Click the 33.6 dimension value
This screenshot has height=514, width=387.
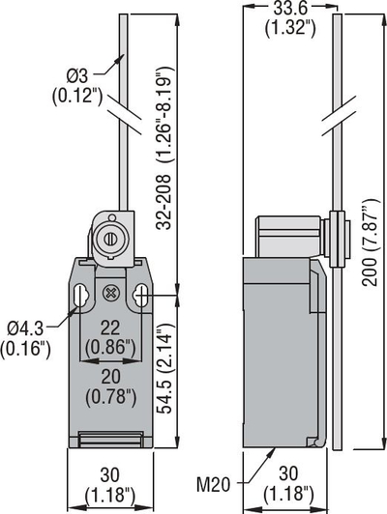click(x=290, y=9)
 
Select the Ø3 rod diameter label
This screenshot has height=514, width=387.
click(x=76, y=76)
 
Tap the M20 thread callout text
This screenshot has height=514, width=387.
click(x=213, y=485)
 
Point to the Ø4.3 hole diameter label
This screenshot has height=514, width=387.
click(x=25, y=328)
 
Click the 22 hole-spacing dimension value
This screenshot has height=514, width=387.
click(x=110, y=328)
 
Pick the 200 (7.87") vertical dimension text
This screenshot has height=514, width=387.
click(x=371, y=243)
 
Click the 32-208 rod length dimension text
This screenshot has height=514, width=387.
click(x=164, y=148)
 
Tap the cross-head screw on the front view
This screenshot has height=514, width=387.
click(x=110, y=293)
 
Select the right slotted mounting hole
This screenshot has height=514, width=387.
click(x=140, y=295)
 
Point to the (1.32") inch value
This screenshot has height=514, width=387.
click(x=290, y=28)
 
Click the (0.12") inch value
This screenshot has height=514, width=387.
click(x=77, y=96)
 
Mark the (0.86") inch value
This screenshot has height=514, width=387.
click(x=110, y=348)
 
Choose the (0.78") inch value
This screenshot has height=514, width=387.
click(x=110, y=397)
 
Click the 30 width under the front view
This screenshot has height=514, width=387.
click(x=109, y=475)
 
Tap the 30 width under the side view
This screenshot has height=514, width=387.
click(x=288, y=473)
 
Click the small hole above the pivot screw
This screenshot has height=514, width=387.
click(x=112, y=217)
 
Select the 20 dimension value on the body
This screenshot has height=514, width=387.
click(x=110, y=378)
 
